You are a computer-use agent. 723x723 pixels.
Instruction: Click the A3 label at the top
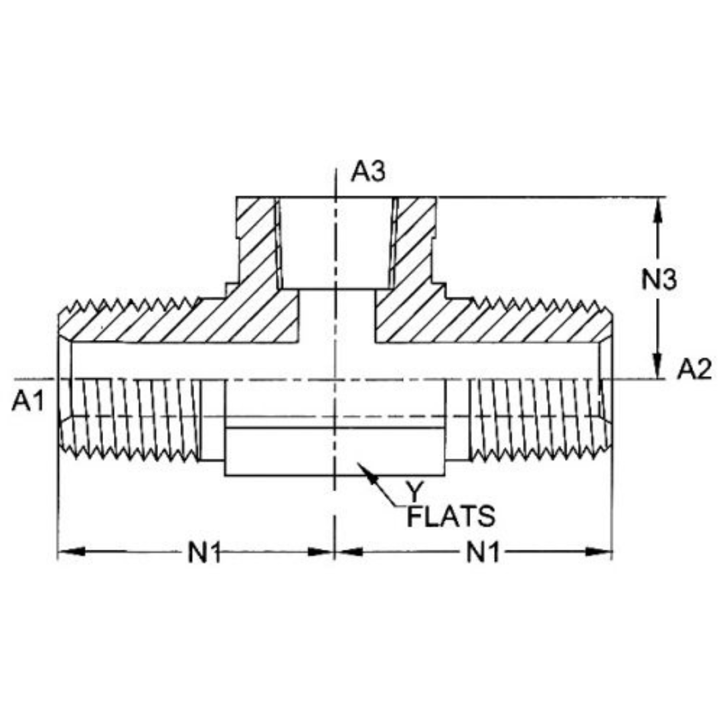[x=369, y=173]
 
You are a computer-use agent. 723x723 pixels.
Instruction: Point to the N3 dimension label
[x=659, y=280]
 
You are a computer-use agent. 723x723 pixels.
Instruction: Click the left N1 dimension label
[x=204, y=553]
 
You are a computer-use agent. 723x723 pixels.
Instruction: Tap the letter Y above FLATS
[x=416, y=492]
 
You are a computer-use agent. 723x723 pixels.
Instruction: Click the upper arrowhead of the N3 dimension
[x=659, y=208]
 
